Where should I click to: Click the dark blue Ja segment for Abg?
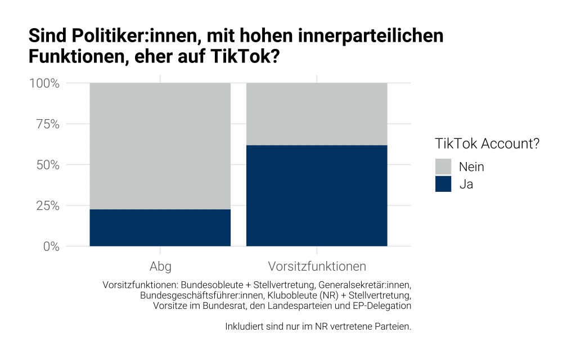160,228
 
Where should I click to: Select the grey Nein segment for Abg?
160,146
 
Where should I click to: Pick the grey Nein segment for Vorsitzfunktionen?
317,114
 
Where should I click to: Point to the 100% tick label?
44,83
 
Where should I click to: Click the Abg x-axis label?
160,266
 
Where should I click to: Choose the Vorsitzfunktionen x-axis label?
317,266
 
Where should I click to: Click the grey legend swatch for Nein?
443,166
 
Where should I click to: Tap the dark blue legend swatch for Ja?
443,184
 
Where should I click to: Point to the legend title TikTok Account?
487,143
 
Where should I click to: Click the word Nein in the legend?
471,166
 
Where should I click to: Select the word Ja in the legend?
466,184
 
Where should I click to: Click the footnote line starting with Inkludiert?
318,326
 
